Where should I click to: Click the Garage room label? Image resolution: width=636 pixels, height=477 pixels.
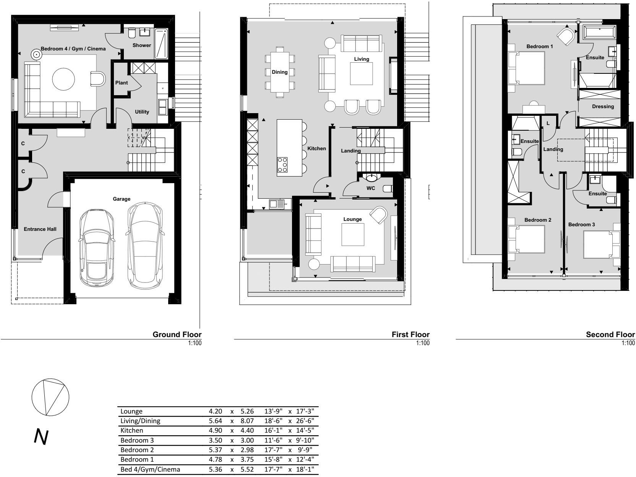122,199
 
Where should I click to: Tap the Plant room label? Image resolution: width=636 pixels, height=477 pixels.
122,83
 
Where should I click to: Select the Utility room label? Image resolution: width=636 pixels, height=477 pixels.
142,112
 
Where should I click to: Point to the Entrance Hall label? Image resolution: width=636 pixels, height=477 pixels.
40,229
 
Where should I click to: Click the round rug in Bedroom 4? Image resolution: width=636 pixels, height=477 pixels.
63,79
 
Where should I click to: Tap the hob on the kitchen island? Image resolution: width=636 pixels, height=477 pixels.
282,165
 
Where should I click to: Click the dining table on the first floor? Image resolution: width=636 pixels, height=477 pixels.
280,72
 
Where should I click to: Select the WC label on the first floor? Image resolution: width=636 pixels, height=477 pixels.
371,188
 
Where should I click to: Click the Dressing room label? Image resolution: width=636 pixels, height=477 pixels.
603,107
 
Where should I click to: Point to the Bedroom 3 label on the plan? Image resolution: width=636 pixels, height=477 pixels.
581,224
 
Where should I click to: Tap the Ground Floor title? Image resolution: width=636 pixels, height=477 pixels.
177,334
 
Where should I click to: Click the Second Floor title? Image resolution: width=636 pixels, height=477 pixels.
610,334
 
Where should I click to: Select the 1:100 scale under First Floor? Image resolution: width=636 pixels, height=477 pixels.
423,343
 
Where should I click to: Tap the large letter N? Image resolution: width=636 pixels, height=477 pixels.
41,437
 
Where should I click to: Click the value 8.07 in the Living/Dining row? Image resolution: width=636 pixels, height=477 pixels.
247,421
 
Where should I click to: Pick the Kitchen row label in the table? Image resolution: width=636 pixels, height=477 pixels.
132,430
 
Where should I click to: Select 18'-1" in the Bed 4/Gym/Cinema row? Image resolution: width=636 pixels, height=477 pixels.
305,469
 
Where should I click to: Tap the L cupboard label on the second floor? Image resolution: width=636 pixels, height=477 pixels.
548,123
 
